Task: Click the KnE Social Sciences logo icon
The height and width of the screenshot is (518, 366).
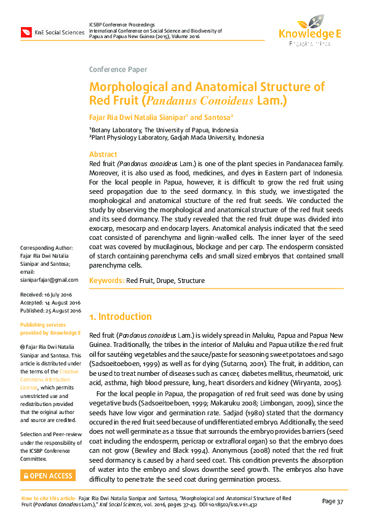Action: (x=26, y=31)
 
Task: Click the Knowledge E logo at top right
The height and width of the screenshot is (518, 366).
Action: (x=309, y=33)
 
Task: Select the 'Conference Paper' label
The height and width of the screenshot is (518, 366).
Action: (x=118, y=70)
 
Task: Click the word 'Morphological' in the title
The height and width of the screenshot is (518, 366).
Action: (x=129, y=87)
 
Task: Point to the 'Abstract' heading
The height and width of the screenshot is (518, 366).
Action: (x=103, y=154)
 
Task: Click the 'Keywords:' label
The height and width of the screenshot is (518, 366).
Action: (x=107, y=281)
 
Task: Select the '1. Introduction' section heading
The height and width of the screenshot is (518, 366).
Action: (x=120, y=317)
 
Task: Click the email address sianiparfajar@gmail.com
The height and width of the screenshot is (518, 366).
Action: (x=49, y=279)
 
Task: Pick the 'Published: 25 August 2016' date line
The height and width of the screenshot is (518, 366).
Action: (x=50, y=311)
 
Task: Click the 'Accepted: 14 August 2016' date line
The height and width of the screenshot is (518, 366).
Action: (x=50, y=303)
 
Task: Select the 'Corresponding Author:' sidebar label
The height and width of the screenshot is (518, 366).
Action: (x=47, y=248)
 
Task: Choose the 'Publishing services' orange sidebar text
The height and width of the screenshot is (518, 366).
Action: (x=42, y=324)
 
